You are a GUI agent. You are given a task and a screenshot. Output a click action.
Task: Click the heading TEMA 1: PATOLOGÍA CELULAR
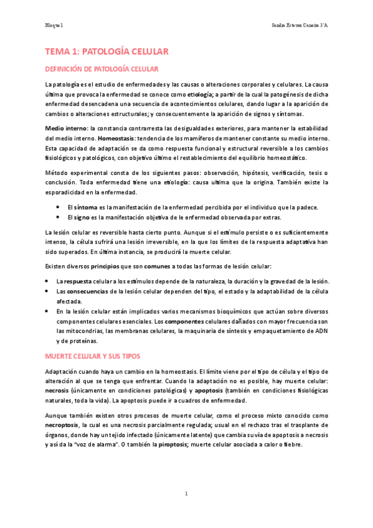point(103,52)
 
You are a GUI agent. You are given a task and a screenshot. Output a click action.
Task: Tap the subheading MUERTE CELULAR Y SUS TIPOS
point(92,356)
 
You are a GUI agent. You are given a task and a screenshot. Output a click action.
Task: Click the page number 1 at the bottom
point(186,494)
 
